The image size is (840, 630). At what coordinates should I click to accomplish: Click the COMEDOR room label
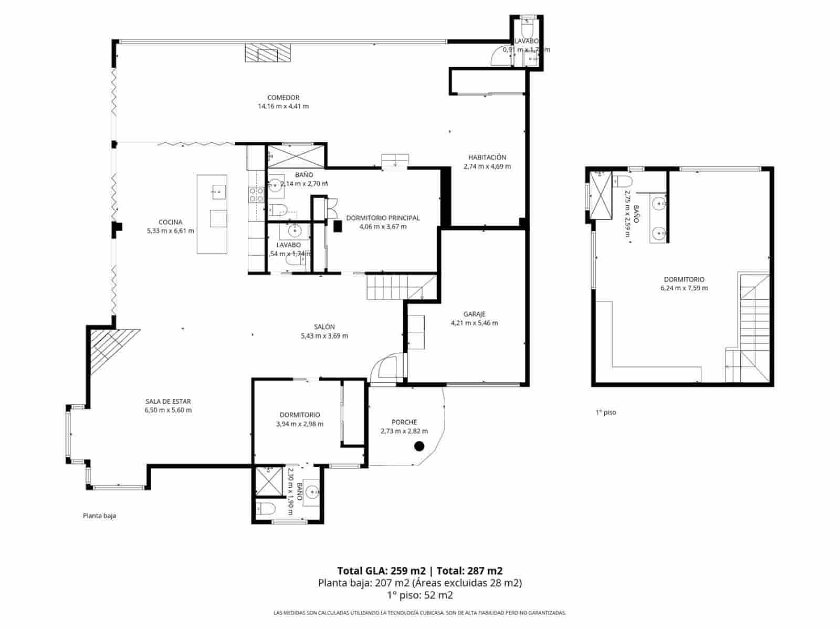click(283, 98)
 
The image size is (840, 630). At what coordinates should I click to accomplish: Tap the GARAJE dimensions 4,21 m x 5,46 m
click(474, 323)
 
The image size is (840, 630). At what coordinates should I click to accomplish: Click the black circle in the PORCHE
click(419, 446)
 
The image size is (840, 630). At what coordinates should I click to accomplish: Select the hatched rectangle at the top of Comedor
click(268, 53)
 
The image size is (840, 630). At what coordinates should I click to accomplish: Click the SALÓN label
click(324, 327)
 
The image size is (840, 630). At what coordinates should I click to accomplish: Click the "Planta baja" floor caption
click(99, 516)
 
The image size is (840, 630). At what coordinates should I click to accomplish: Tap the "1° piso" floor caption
click(605, 413)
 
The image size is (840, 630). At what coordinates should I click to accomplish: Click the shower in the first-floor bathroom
click(601, 195)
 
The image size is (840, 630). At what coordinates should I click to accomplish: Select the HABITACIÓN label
click(487, 157)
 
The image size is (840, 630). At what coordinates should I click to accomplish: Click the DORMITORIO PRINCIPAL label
click(383, 218)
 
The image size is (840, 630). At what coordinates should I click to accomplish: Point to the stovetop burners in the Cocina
click(256, 195)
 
